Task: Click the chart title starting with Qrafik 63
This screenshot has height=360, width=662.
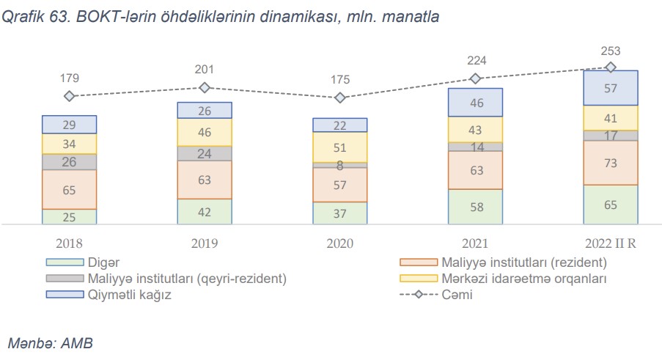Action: click(x=220, y=17)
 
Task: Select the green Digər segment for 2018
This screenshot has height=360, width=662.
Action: click(x=70, y=216)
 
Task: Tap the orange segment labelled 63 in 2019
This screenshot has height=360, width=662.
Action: click(x=205, y=180)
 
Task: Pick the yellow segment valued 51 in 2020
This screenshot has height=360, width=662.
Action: click(x=339, y=147)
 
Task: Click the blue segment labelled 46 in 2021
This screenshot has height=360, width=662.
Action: click(x=475, y=103)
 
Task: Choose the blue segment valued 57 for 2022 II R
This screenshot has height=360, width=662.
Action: click(x=610, y=88)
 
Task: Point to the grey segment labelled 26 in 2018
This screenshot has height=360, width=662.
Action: click(x=70, y=161)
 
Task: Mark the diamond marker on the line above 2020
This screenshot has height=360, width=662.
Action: click(x=339, y=98)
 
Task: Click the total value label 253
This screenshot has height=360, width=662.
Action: click(x=610, y=51)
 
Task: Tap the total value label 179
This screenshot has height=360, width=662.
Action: click(x=70, y=78)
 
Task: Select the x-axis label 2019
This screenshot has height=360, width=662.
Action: click(x=205, y=243)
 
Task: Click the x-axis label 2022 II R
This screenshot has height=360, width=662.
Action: click(x=610, y=243)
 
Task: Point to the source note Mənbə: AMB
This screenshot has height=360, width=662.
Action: click(x=50, y=342)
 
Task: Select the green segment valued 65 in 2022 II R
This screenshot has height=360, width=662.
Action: click(x=610, y=205)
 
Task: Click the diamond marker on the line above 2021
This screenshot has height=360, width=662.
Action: click(x=475, y=78)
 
